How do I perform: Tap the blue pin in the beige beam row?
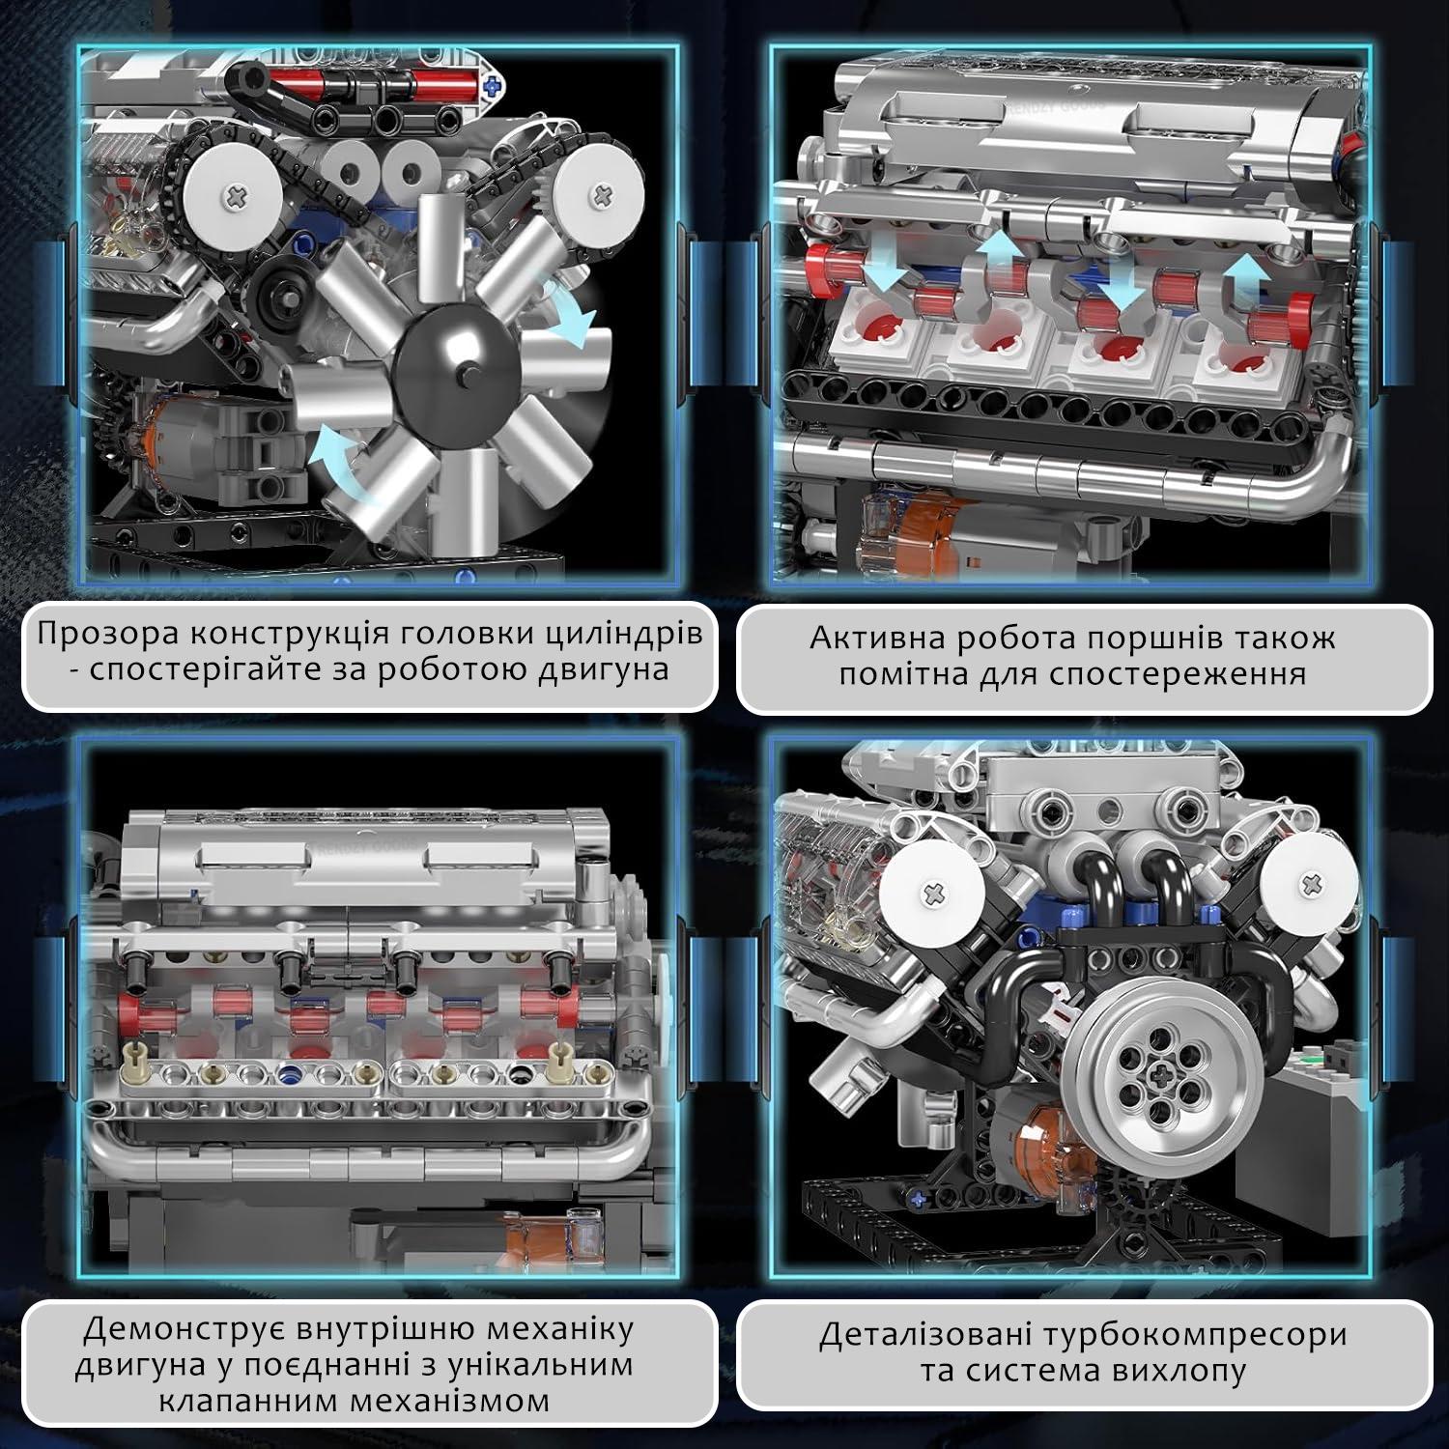coord(287,1071)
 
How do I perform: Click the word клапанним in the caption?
coord(244,1401)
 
